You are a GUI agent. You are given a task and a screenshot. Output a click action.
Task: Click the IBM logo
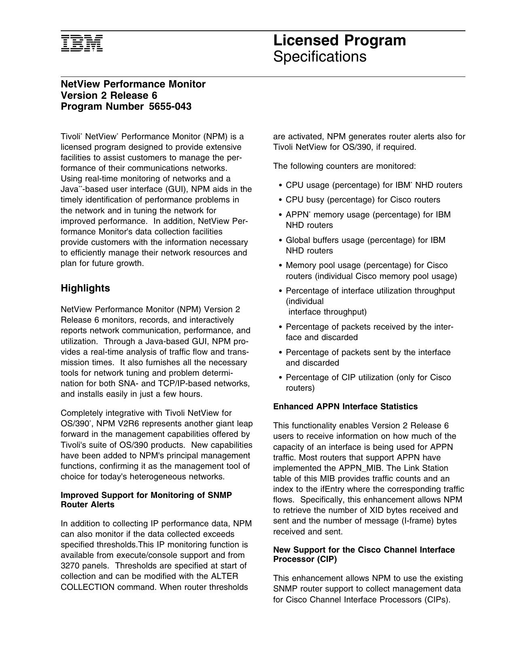point(82,43)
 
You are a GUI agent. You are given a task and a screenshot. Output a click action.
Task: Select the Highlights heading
point(85,288)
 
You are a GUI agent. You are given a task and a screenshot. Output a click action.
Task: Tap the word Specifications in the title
point(320,57)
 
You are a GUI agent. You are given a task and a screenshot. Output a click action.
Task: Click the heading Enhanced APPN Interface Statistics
point(345,406)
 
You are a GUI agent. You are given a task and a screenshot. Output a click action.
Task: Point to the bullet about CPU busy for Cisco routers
point(363,200)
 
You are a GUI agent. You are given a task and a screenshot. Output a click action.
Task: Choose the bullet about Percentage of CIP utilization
point(368,383)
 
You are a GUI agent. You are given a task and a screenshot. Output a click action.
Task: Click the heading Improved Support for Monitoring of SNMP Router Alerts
point(146,500)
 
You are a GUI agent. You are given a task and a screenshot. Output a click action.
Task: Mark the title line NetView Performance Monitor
point(133,84)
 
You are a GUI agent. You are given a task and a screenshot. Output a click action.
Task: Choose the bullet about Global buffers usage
point(365,245)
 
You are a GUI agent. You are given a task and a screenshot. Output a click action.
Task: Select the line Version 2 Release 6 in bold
point(109,96)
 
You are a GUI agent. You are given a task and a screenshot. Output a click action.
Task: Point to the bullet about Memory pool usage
point(371,271)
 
